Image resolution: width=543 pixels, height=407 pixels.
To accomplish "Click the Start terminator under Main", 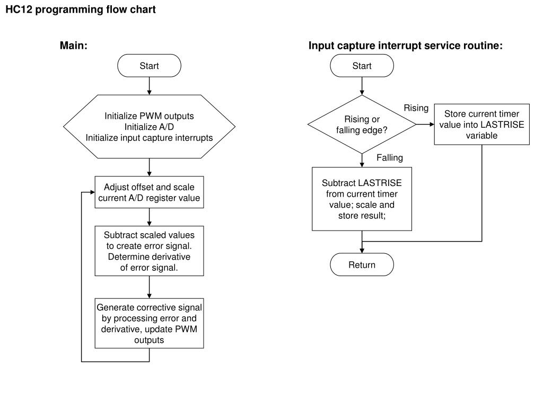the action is [149, 65].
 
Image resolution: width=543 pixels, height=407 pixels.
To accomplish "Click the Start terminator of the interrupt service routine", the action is [362, 65].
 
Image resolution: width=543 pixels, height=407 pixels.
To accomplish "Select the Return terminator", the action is [362, 264].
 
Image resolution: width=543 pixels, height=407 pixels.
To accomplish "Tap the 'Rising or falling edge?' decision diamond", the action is [362, 124].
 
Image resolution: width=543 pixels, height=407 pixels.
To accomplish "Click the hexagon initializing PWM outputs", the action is [149, 127].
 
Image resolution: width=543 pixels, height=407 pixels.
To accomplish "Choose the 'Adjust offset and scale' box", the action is [149, 192].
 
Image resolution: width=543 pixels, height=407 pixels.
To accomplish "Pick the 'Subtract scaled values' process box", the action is [149, 251].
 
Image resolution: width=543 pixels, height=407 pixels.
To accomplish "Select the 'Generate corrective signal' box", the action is [149, 323].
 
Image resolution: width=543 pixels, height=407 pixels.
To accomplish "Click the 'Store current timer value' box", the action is [481, 124].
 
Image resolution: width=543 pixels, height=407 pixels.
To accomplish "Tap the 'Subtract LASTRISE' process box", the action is [362, 199].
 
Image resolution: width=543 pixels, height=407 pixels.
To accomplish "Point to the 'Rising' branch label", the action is [416, 108].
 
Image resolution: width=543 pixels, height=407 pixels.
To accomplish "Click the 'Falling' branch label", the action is [390, 158].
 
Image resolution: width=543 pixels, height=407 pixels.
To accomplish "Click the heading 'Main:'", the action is [73, 46].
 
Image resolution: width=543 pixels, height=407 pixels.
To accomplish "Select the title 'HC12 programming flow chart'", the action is [81, 10].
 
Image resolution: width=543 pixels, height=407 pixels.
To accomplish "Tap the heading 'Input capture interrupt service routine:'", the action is [406, 46].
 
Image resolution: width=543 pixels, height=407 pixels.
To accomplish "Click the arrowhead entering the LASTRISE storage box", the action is [432, 124].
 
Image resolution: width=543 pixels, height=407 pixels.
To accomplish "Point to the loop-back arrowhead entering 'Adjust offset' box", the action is [92, 192].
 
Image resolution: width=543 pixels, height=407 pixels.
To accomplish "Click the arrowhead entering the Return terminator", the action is [362, 251].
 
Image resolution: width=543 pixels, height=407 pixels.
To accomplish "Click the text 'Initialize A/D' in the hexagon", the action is [149, 127].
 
